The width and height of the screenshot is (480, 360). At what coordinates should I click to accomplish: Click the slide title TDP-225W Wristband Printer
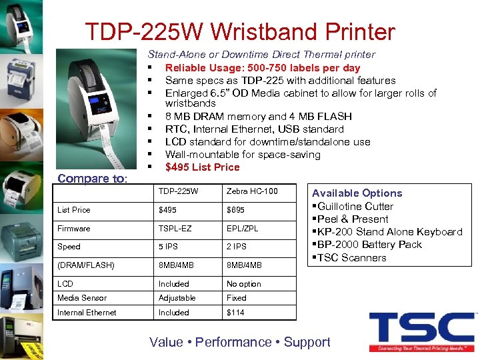[240, 31]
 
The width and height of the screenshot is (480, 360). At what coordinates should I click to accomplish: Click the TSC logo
[421, 331]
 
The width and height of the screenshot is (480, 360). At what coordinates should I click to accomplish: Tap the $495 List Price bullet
[202, 167]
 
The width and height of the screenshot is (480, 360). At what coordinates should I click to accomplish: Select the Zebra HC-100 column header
[252, 191]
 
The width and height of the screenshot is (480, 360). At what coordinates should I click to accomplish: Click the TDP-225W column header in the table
[178, 191]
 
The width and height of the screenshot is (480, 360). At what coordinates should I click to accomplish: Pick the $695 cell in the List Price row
[235, 210]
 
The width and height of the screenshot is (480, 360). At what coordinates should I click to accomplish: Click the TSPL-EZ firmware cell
[175, 229]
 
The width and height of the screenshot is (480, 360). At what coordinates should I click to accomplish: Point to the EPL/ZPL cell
[242, 229]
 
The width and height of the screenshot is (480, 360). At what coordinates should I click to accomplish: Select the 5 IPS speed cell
[169, 247]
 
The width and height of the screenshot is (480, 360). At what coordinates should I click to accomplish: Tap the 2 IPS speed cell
[236, 247]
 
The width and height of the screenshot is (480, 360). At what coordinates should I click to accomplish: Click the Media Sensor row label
[82, 298]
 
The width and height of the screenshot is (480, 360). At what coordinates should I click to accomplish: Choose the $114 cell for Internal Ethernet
[235, 313]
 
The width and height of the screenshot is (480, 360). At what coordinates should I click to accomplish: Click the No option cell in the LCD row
[243, 284]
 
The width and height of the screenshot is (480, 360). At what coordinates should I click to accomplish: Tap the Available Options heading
[357, 193]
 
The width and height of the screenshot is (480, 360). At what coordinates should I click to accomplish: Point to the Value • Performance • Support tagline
[240, 342]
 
